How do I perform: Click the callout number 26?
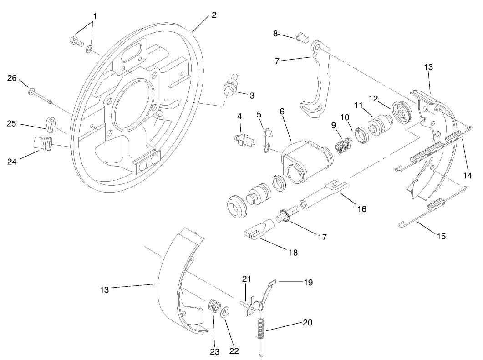tap(12, 78)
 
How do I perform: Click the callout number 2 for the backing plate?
tap(214, 15)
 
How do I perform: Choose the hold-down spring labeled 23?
tap(214, 305)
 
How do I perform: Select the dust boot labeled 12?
tap(402, 112)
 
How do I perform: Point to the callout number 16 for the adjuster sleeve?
tap(361, 209)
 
